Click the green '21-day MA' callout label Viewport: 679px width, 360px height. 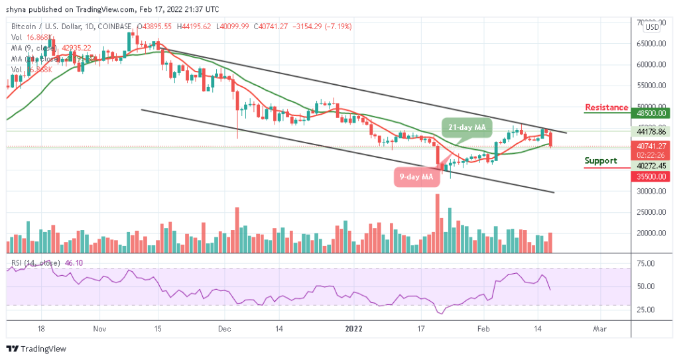click(465, 126)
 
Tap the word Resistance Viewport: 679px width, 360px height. click(606, 107)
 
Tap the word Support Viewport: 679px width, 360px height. click(601, 160)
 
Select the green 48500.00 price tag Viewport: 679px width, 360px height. click(650, 113)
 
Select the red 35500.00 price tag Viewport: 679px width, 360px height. click(650, 178)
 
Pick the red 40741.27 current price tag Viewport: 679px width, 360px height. click(650, 147)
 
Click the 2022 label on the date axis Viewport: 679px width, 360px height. click(354, 328)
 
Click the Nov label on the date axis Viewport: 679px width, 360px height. click(99, 328)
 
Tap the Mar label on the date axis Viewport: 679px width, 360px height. click(599, 328)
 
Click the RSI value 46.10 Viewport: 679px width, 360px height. click(72, 263)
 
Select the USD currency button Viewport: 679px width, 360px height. click(652, 27)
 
